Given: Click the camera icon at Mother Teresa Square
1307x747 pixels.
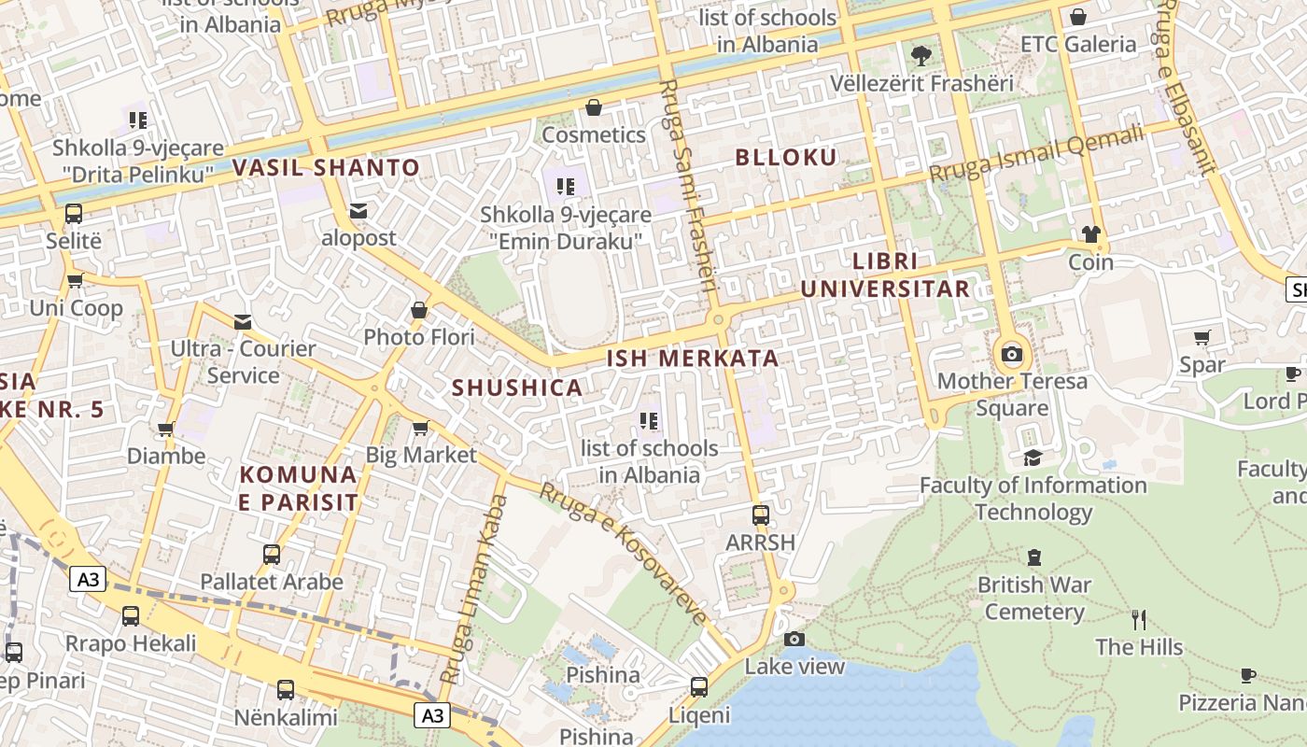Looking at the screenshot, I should (1011, 354).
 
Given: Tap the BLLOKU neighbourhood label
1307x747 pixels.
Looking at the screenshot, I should (786, 157).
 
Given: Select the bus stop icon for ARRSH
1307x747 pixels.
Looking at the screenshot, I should (761, 514).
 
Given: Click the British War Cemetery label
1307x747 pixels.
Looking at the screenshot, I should (1033, 599).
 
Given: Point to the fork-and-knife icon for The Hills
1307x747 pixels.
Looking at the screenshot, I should (1138, 619).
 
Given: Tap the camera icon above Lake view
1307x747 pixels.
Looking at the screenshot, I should (794, 639).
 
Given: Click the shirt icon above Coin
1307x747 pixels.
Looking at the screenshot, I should (1090, 233).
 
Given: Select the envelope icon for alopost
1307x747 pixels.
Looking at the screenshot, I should (358, 211).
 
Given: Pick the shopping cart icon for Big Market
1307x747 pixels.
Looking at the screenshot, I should (420, 428).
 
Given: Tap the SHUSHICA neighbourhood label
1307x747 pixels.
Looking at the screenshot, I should (517, 388).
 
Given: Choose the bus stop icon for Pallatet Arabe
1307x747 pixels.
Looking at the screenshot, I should (272, 555).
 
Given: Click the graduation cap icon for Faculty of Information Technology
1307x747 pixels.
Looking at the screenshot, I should (1033, 458).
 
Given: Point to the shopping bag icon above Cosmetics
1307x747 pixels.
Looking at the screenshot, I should (593, 107).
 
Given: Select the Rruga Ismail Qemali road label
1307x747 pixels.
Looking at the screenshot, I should (1035, 154).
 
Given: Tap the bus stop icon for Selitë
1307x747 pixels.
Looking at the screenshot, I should (74, 214).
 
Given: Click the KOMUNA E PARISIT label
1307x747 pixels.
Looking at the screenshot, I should (299, 487).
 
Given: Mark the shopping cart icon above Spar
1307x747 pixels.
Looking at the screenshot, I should (1202, 337).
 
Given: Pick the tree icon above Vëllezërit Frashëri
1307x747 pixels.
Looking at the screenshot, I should (921, 55).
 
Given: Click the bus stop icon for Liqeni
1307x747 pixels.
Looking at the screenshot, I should (698, 687).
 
